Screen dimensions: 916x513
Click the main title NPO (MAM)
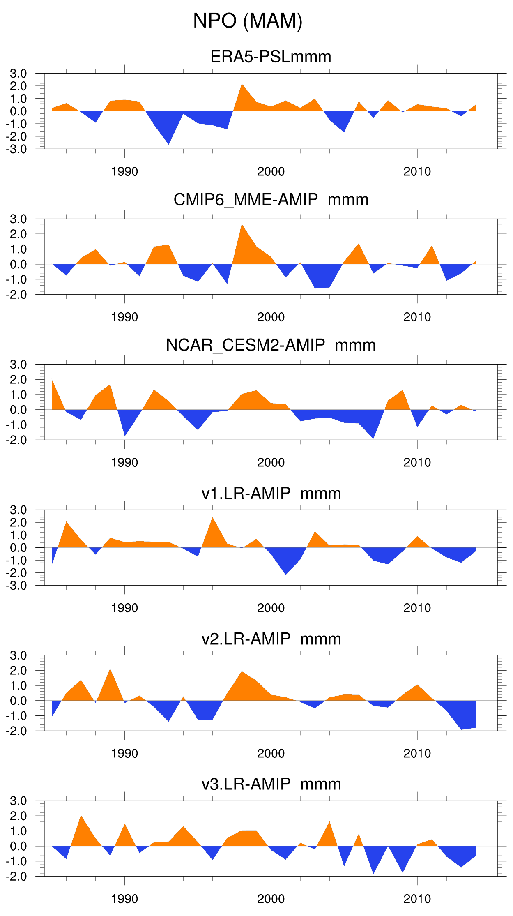(x=248, y=21)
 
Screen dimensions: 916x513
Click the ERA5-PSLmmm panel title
(x=271, y=57)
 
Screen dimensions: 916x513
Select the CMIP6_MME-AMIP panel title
(x=271, y=200)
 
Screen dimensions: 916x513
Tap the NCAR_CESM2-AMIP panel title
(x=271, y=345)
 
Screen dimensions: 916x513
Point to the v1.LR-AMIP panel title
(x=271, y=494)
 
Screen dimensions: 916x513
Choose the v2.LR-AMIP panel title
(x=271, y=639)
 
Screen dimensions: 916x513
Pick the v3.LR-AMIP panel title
(x=271, y=784)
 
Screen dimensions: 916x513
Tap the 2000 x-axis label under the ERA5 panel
(x=271, y=172)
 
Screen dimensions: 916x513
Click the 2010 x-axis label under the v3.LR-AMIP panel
(x=417, y=899)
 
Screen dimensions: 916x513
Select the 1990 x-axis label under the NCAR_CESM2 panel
(x=124, y=463)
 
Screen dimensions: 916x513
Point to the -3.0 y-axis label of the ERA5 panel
(x=16, y=149)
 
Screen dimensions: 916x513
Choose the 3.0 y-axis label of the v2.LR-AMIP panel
(x=18, y=655)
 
